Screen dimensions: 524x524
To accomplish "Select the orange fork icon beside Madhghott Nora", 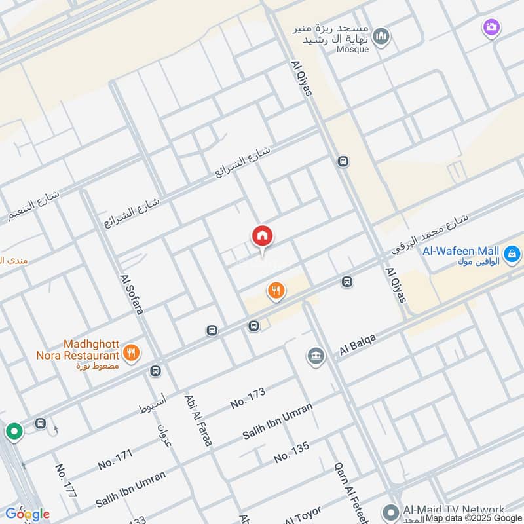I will point(132,353).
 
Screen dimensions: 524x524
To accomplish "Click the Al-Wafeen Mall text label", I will point(461,251).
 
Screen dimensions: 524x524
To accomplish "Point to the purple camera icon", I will point(490,28).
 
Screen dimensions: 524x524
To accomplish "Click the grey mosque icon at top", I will point(381,37).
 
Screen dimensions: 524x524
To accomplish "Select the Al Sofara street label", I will point(131,293).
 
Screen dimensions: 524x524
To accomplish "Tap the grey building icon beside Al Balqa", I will point(316,357).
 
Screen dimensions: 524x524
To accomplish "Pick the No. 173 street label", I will point(248,398).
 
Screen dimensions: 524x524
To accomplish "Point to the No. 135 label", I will point(291,452).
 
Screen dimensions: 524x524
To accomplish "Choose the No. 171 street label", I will point(115,458).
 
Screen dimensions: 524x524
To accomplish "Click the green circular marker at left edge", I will point(14,432).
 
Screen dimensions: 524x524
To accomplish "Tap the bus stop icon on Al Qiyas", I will point(343,161).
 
